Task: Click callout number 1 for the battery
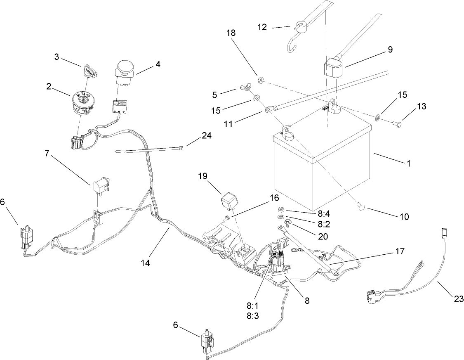coord(408,163)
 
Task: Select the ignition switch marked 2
coord(83,101)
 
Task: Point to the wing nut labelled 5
coord(243,88)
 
